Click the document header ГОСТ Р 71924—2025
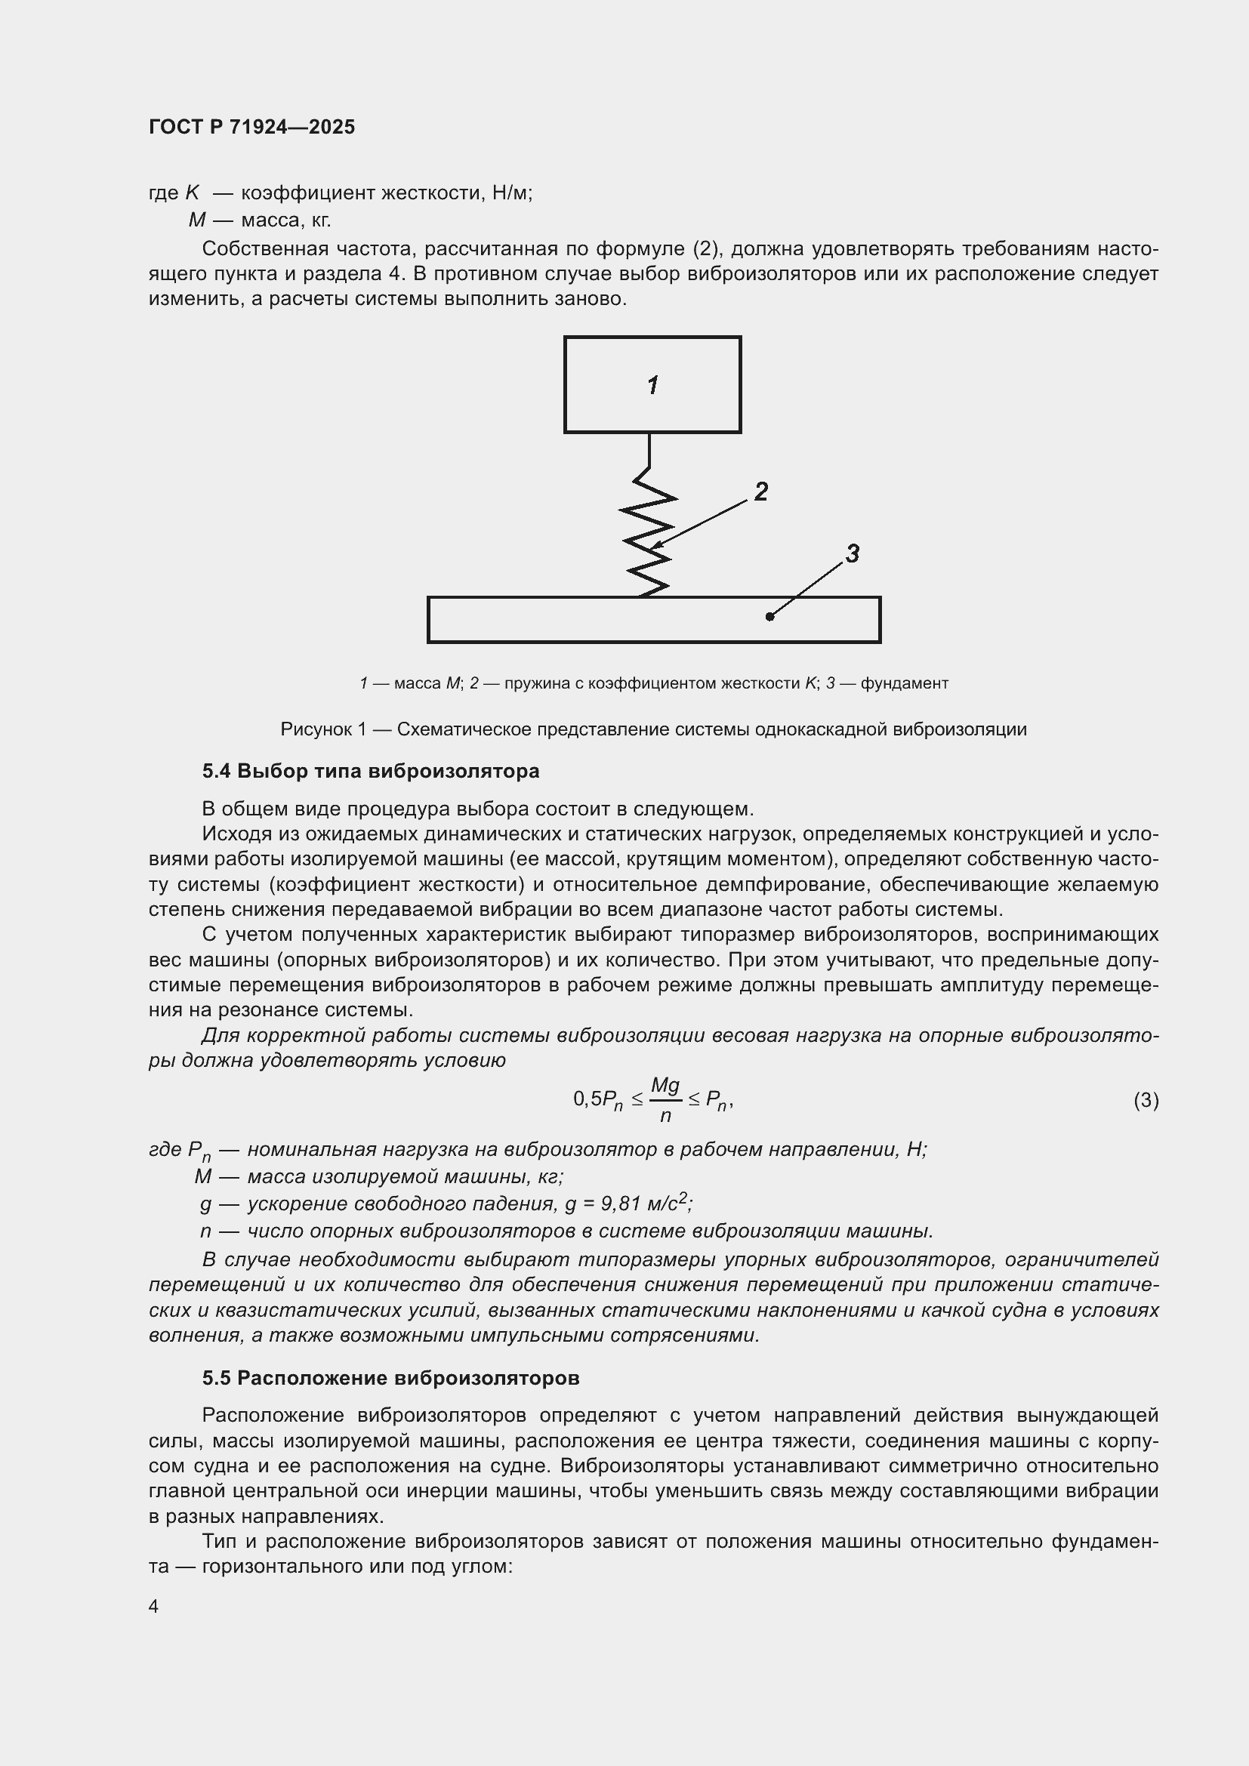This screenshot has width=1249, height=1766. pos(251,127)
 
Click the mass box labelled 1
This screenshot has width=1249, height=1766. pos(652,384)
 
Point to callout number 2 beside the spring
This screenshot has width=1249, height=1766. pos(760,492)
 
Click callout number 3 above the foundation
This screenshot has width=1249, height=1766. pos(852,553)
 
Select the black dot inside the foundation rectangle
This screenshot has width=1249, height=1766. pos(769,616)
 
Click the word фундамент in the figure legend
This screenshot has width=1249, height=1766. pos(905,683)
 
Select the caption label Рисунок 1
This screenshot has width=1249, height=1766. pos(323,729)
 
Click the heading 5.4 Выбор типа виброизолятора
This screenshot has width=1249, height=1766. pos(371,771)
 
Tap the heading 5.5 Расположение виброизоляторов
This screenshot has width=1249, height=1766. pos(390,1378)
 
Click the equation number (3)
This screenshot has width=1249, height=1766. pos(1146,1101)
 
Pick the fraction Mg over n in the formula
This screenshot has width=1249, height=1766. pos(665,1100)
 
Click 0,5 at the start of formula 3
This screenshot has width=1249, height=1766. pos(587,1100)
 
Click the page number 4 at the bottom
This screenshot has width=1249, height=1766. pos(154,1607)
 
